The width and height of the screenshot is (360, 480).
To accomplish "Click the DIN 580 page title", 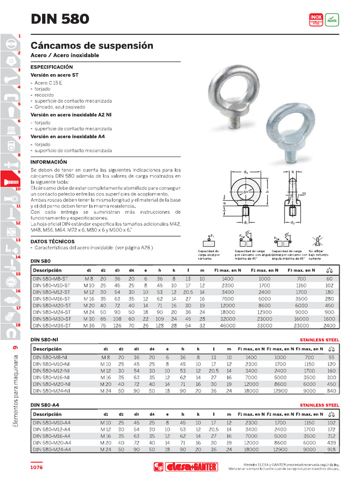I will click(x=60, y=19).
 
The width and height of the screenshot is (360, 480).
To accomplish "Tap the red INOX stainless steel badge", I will click(x=316, y=19).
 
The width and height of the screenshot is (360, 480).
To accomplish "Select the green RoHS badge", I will click(x=332, y=19).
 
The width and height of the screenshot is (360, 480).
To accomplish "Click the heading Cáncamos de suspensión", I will click(x=92, y=46).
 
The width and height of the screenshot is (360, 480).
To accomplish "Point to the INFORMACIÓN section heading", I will click(x=49, y=162).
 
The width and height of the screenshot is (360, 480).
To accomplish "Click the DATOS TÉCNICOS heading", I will click(x=52, y=241).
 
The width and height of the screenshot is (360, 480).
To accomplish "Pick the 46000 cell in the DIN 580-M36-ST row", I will click(x=227, y=325).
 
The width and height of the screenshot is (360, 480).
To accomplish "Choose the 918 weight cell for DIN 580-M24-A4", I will click(x=331, y=449).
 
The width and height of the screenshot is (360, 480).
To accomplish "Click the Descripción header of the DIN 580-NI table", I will click(x=47, y=349).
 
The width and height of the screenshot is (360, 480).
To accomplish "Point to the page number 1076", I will click(x=37, y=467).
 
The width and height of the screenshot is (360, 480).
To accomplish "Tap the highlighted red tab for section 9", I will click(x=10, y=178).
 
